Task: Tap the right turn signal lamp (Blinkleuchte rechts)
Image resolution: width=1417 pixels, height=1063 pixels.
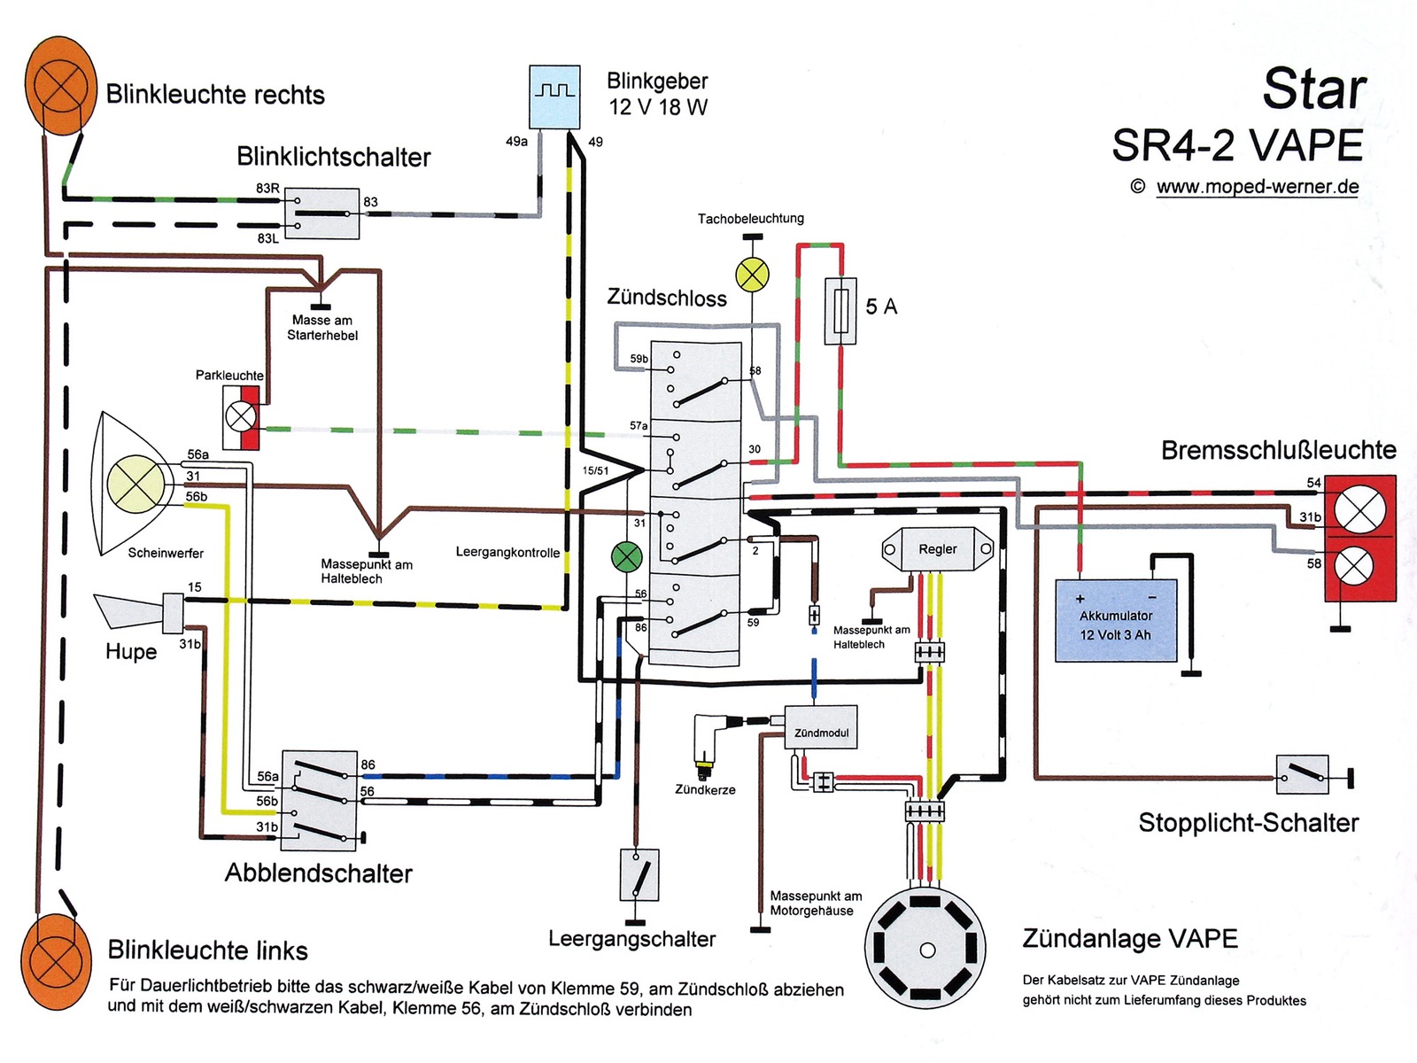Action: (60, 86)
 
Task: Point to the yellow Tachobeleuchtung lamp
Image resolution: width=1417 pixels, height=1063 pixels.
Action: (753, 275)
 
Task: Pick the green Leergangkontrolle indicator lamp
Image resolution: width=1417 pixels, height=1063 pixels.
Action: (627, 557)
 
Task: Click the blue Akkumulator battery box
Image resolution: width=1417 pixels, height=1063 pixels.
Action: (1116, 620)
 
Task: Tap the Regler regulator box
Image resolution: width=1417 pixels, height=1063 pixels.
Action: (937, 549)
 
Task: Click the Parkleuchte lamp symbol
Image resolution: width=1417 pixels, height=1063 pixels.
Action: (242, 415)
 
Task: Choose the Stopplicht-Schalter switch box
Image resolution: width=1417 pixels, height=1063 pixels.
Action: (1302, 775)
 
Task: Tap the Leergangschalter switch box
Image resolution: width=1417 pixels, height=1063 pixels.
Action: (639, 874)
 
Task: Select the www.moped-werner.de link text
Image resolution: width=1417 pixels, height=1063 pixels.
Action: (1257, 187)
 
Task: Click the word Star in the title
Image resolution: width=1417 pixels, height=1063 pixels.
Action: (1314, 89)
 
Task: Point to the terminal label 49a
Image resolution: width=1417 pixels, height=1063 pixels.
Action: (516, 142)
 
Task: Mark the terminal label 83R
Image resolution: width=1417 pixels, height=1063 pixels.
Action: (267, 189)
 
